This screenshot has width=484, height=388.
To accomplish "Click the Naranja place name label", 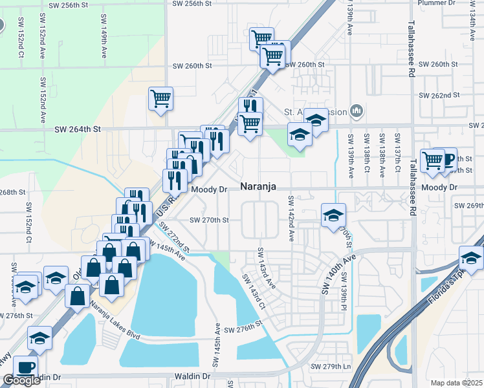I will (259, 186).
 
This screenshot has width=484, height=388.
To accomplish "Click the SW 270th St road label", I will (209, 221).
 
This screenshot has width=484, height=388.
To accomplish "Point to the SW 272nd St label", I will (175, 238).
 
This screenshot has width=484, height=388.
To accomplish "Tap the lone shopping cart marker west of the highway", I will (160, 99).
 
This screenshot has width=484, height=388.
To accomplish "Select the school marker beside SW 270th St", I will (333, 215).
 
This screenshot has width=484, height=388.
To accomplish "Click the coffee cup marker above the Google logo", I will (25, 367).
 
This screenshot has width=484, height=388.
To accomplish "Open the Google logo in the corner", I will (21, 380).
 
